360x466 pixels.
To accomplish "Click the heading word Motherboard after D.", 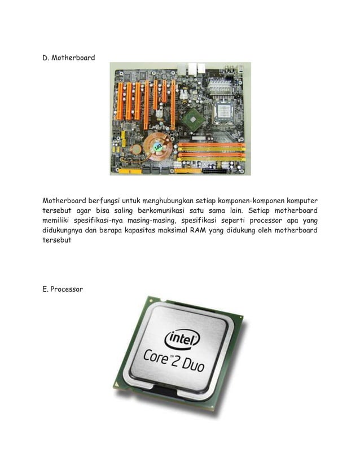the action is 73,58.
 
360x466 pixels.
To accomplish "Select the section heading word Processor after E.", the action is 67,289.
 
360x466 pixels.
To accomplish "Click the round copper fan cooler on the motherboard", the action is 158,147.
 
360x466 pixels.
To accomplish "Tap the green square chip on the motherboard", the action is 193,120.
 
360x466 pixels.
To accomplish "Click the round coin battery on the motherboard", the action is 136,149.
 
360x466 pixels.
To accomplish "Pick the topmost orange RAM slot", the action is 212,145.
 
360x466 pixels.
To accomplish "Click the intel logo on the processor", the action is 182,339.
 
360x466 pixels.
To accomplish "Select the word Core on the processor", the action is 156,355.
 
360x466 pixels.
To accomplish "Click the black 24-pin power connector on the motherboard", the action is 215,171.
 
